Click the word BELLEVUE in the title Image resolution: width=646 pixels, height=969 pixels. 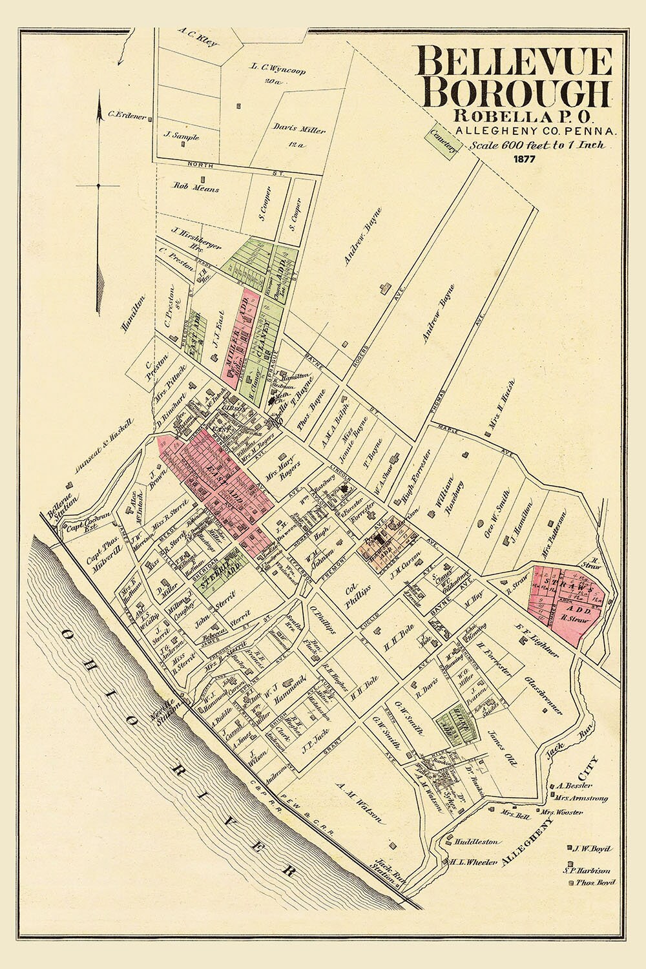pos(515,63)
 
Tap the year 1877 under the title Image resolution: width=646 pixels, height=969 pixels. pos(524,159)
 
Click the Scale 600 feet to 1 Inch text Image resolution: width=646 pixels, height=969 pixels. pos(537,145)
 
